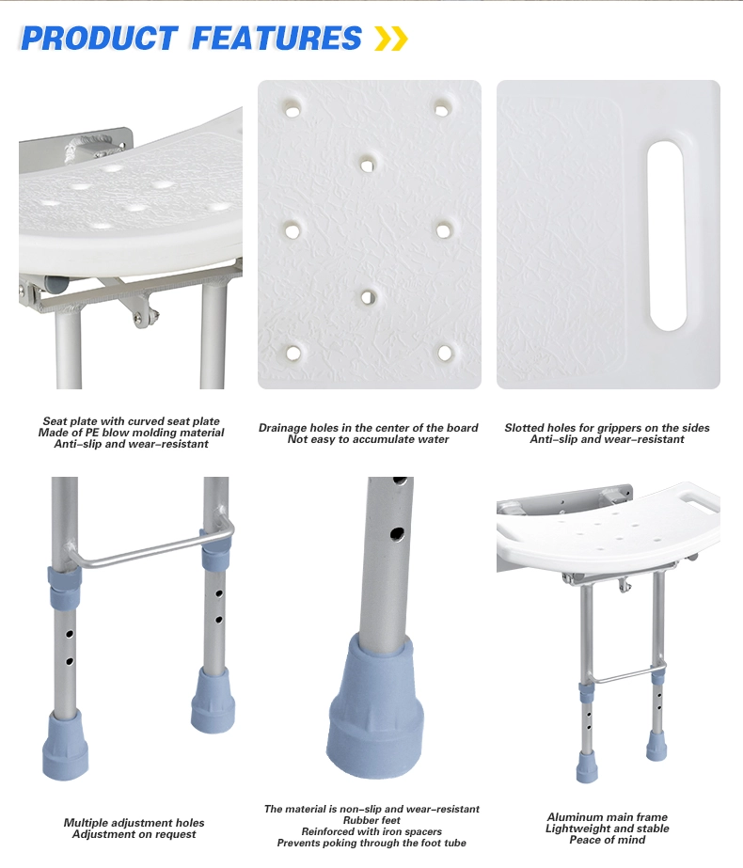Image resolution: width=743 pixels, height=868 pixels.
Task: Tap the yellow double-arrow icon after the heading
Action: pos(391,39)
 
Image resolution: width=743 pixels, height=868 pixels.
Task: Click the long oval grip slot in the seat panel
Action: pos(667,236)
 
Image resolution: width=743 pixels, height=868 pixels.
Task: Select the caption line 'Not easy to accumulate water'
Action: pos(369,439)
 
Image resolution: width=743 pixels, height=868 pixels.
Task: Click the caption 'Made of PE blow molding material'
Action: pos(132,433)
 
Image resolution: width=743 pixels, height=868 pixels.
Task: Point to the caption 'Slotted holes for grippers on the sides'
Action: pos(607,428)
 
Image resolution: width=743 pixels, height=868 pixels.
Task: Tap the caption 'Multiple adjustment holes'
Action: pos(134,823)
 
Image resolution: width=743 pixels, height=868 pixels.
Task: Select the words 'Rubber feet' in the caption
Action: pos(371,821)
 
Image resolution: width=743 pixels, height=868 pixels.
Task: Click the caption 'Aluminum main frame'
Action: pos(608,817)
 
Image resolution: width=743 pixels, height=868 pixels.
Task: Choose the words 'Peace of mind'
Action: pos(608,840)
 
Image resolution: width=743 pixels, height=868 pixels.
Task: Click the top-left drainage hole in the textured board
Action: pos(292,110)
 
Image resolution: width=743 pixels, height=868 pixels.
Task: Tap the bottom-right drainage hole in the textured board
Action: pos(445,354)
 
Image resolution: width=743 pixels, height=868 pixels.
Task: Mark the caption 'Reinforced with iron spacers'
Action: pos(371,832)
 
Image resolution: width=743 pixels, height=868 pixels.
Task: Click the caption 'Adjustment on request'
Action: pos(134,834)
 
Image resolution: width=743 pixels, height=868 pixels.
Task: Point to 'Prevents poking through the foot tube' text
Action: pos(371,844)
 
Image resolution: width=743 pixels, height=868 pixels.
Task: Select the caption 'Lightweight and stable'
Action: pos(608,829)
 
